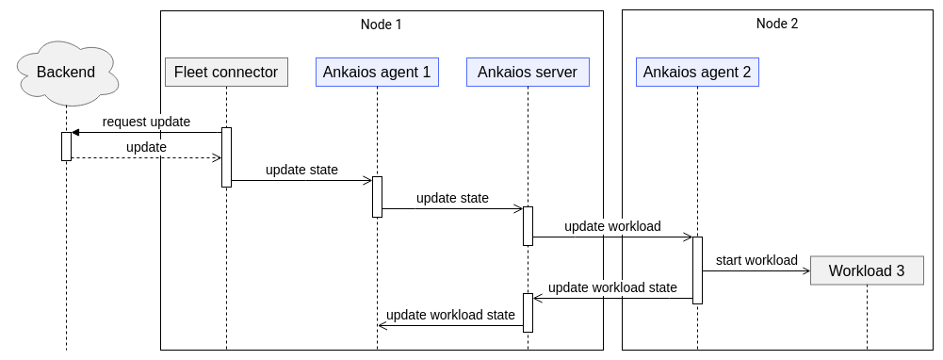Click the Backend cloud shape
(66, 72)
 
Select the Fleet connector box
(226, 72)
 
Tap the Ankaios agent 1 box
(377, 72)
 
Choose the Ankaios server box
(528, 72)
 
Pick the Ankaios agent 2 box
(697, 72)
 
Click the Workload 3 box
(867, 271)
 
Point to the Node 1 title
(382, 24)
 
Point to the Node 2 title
(777, 24)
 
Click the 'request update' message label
(146, 122)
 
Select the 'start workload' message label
(756, 260)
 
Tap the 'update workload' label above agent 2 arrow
(612, 226)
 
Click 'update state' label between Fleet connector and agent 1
(301, 171)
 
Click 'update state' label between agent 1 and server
(452, 198)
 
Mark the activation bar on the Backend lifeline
(66, 146)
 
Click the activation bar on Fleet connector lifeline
(226, 156)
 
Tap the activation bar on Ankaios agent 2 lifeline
(697, 270)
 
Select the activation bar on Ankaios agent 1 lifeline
(377, 196)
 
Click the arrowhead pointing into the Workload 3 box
(805, 271)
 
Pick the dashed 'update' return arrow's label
(146, 147)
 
